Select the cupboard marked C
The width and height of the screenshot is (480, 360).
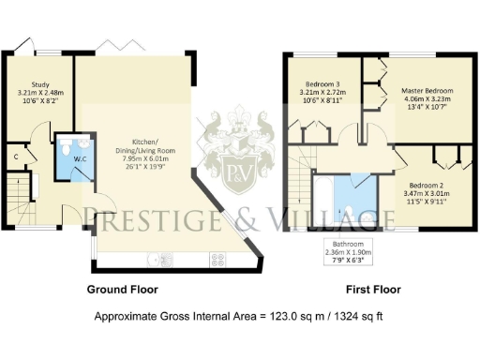point(18,156)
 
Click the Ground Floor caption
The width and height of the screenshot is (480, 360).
point(122,289)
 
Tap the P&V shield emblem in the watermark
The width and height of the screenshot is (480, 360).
point(238,169)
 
